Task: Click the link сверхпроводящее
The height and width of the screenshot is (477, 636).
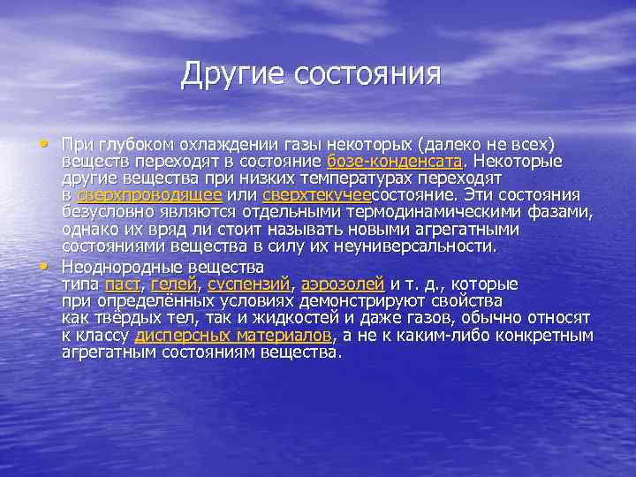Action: pyautogui.click(x=149, y=195)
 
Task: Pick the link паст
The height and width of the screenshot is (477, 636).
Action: pyautogui.click(x=123, y=284)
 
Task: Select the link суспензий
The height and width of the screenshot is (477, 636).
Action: pyautogui.click(x=249, y=284)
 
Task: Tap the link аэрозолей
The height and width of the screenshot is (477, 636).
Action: pyautogui.click(x=343, y=284)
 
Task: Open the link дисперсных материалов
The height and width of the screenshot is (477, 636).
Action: pyautogui.click(x=233, y=336)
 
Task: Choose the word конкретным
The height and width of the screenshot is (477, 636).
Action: pyautogui.click(x=550, y=336)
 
